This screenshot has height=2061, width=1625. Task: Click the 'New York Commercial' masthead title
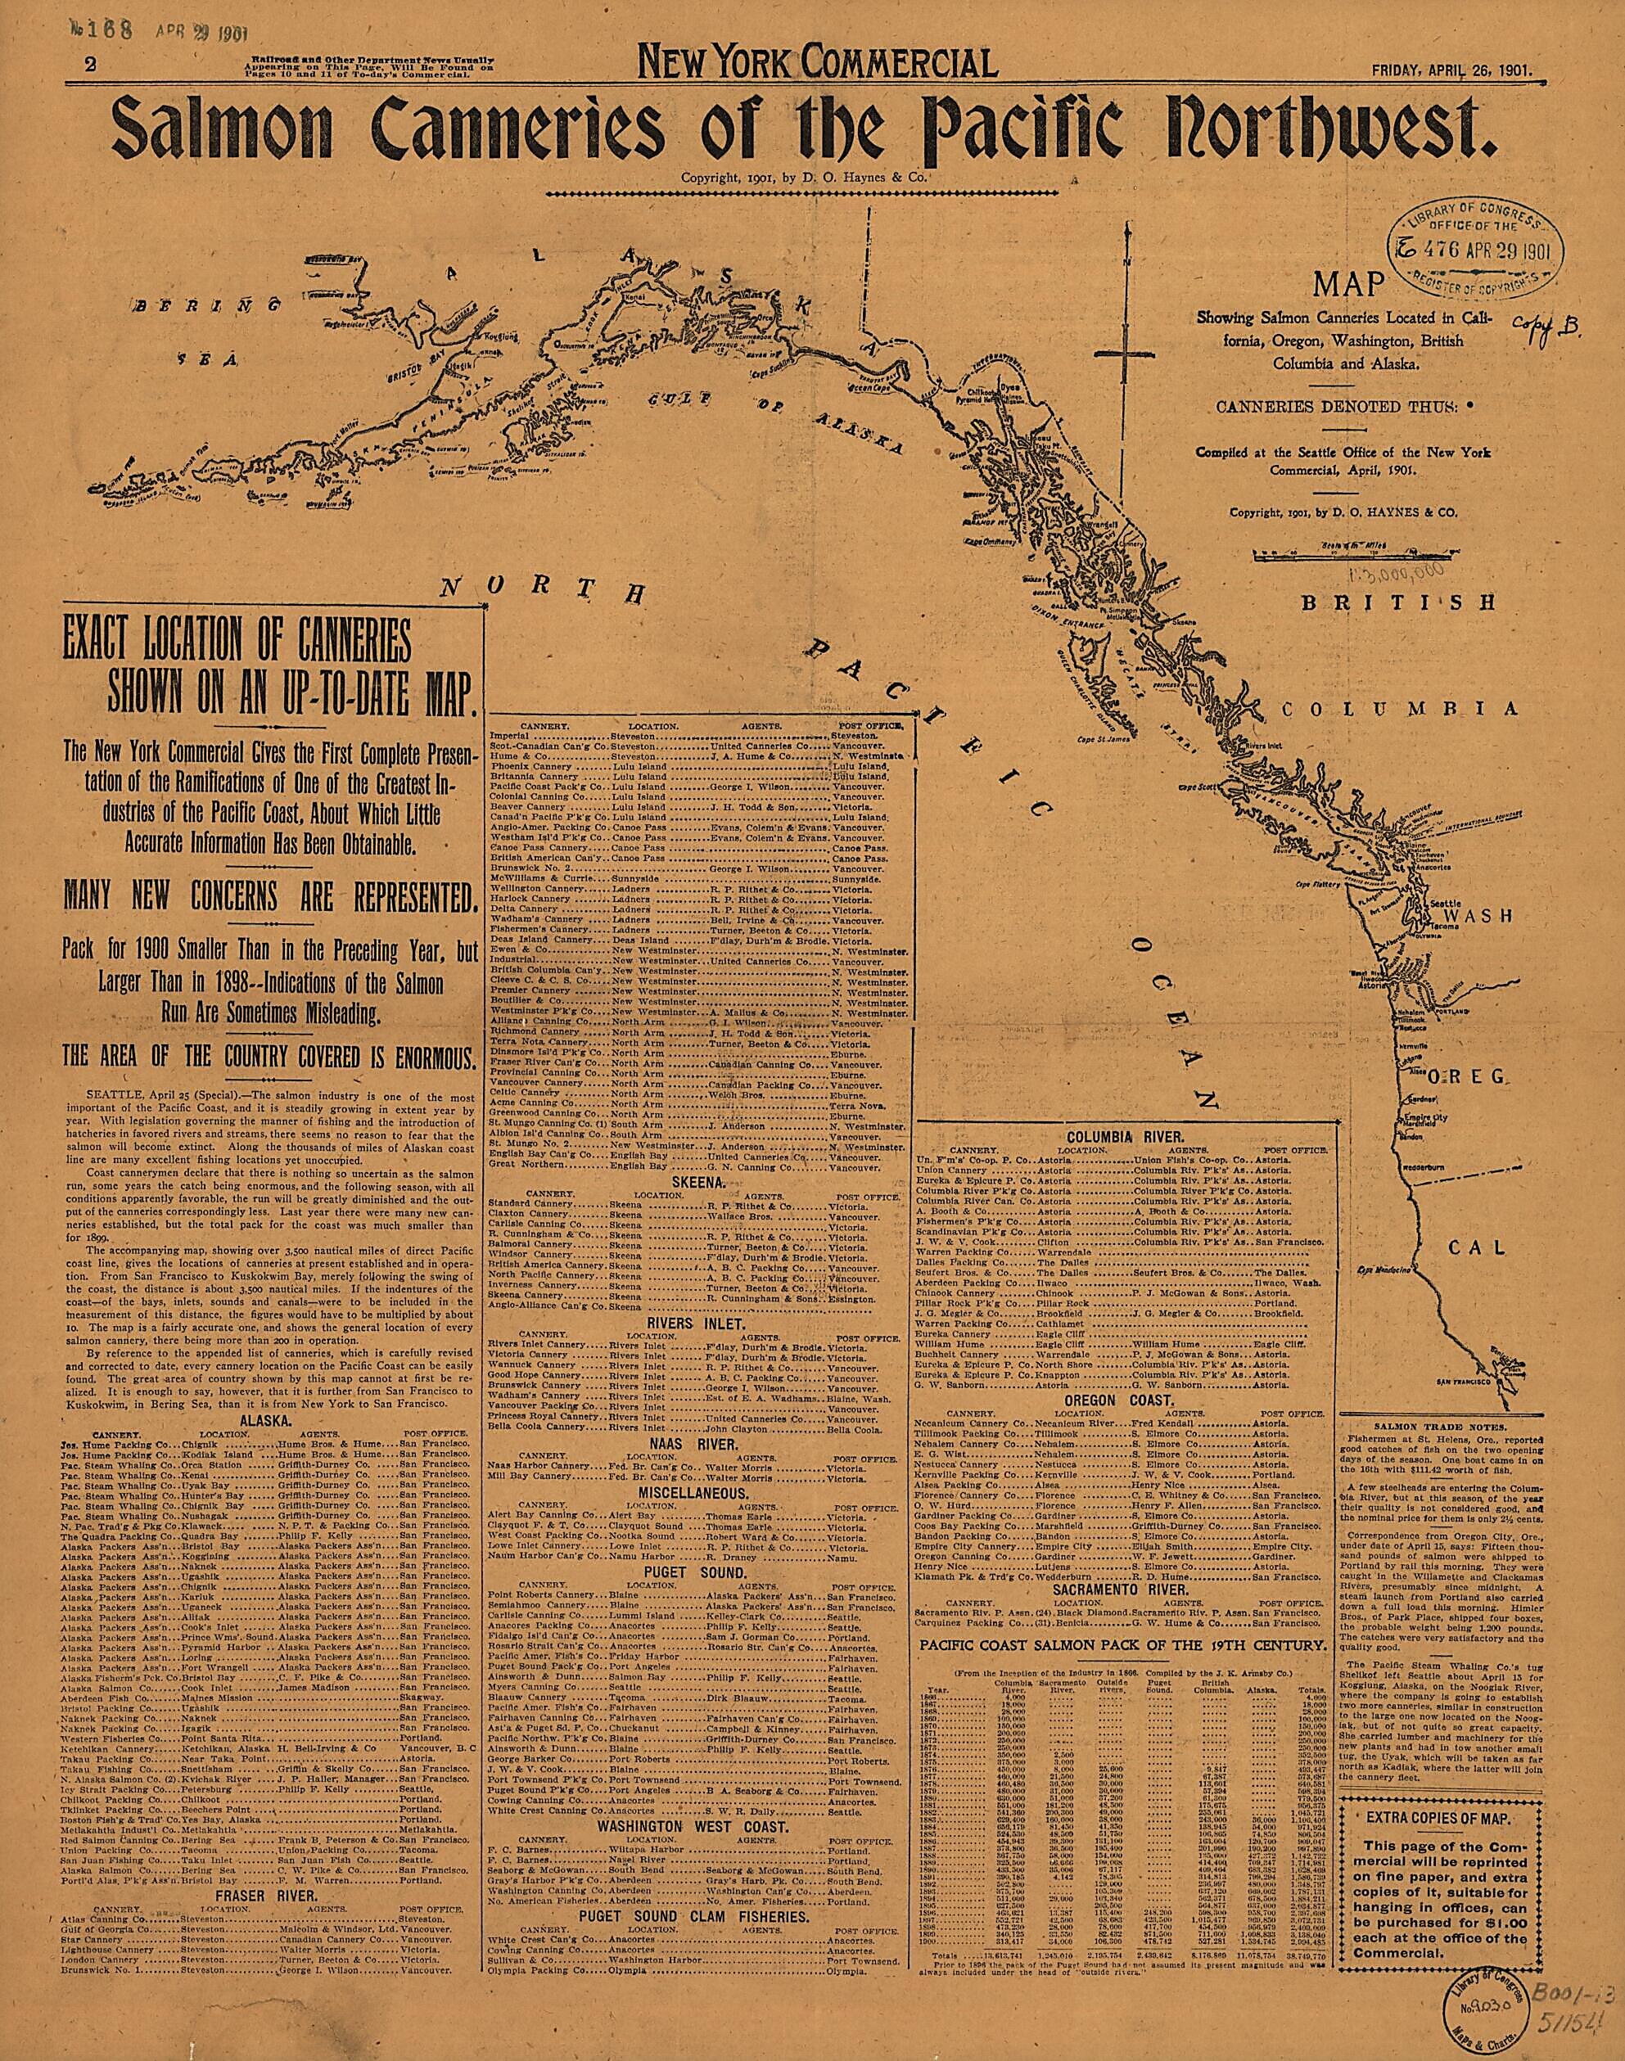818,64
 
